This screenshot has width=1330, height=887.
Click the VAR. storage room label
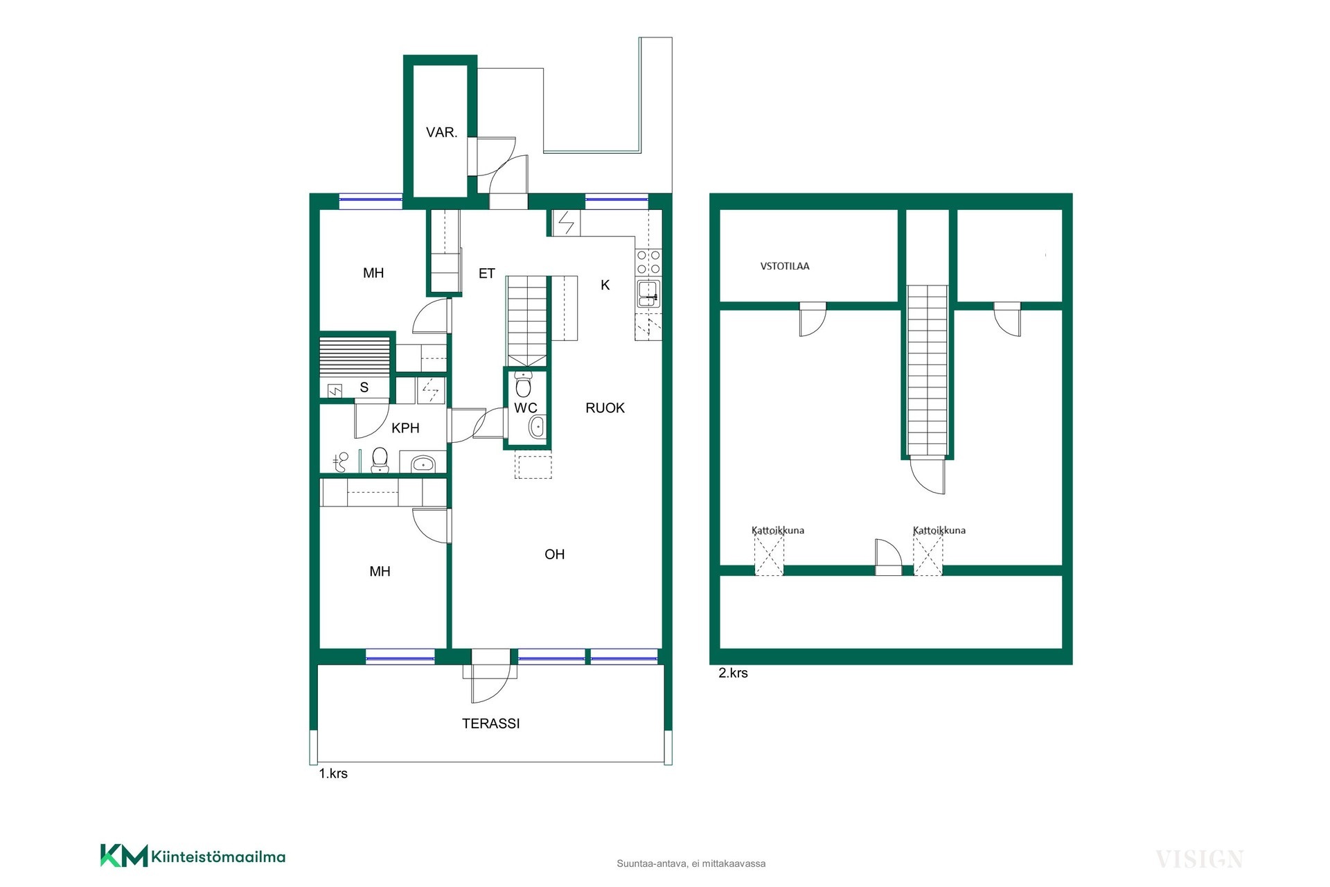point(441,132)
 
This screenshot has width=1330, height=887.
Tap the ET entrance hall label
point(487,274)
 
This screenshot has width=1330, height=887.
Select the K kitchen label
point(605,285)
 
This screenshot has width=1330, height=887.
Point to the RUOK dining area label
point(605,408)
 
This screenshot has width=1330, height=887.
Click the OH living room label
point(555,554)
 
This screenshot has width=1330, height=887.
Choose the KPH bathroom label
point(405,428)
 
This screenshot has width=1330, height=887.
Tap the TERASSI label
point(491,723)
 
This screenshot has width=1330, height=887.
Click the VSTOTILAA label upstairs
point(785,266)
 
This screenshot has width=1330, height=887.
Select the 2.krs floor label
point(733,673)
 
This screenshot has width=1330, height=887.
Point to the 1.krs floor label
point(333,773)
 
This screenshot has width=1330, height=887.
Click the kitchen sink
point(649,292)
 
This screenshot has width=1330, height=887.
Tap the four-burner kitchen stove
point(649,263)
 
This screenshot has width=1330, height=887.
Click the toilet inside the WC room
point(524,384)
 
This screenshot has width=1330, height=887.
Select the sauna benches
point(355,356)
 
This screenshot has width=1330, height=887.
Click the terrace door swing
point(490,683)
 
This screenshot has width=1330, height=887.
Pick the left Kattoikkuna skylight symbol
point(769,554)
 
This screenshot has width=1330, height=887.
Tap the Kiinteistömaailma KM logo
point(193,856)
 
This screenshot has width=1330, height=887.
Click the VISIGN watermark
point(1199,859)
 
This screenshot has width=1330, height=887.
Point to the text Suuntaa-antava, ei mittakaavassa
point(691,863)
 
